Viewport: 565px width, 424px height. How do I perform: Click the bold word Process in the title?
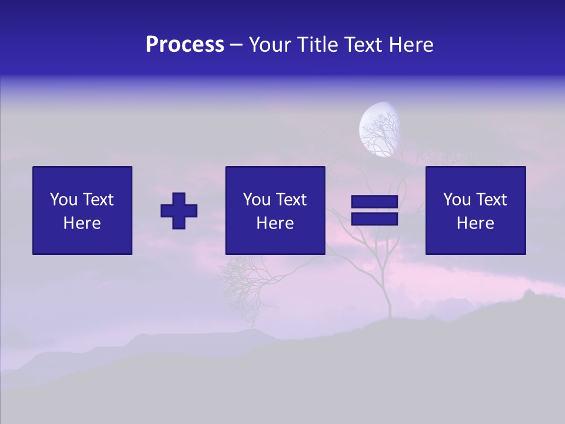tap(185, 45)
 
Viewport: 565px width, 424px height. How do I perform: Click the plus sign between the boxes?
tap(179, 211)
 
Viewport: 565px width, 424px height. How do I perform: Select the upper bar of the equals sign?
tap(374, 202)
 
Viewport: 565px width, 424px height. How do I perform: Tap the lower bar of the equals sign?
tap(374, 219)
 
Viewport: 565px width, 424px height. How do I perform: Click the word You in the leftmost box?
tap(63, 200)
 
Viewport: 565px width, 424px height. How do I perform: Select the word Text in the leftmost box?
tap(98, 200)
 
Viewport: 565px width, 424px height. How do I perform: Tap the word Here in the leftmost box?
tap(82, 223)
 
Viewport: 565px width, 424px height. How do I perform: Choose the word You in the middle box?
tap(257, 200)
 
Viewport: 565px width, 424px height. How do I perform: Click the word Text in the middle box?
tap(291, 200)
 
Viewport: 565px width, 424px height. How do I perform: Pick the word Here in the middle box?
tap(275, 223)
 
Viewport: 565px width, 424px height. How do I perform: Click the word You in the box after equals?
tap(457, 200)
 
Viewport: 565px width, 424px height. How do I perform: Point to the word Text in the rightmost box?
tap(491, 200)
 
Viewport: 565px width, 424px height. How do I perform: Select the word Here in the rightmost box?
tap(475, 223)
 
